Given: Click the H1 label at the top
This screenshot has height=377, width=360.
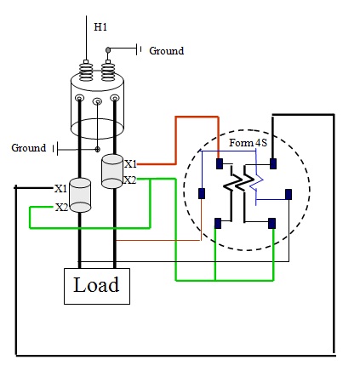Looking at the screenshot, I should point(100,27).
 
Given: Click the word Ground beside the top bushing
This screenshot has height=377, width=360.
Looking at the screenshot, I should point(166,51).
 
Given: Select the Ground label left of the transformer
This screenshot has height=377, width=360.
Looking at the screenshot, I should point(28,148).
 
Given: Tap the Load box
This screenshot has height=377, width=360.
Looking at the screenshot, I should point(97,285).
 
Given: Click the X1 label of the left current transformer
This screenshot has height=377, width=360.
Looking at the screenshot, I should point(60,188).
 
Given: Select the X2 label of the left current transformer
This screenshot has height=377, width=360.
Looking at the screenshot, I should point(61,207).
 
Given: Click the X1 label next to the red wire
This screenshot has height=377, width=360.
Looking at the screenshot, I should point(130,163).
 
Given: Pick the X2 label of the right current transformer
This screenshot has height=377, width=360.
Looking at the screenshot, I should point(130,180).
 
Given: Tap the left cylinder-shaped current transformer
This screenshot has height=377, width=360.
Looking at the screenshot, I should point(81,195).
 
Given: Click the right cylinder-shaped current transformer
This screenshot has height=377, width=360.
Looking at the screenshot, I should point(112,171).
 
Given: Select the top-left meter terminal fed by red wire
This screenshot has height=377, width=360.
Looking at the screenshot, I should point(220,163).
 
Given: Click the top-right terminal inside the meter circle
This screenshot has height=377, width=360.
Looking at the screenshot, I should point(271,163).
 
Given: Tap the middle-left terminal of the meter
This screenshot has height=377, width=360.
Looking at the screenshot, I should point(202,193).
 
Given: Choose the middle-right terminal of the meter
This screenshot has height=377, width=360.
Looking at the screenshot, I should point(289,193).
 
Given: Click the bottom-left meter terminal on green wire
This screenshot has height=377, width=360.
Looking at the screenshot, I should point(219,224).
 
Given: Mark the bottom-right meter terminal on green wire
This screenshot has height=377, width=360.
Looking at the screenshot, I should point(271,224).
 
